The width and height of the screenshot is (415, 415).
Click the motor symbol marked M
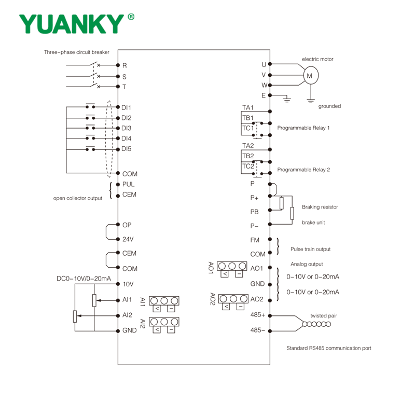pyautogui.click(x=310, y=76)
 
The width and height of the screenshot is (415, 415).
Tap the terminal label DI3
pyautogui.click(x=127, y=128)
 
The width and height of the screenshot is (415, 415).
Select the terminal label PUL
pyautogui.click(x=128, y=184)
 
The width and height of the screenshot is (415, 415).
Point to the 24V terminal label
pyautogui.click(x=128, y=239)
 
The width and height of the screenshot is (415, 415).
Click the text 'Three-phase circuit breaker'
pyautogui.click(x=77, y=52)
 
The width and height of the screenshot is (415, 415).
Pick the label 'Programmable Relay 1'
pyautogui.click(x=303, y=128)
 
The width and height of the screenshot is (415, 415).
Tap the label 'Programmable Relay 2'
pyautogui.click(x=303, y=170)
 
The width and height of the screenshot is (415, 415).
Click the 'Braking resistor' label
pyautogui.click(x=320, y=207)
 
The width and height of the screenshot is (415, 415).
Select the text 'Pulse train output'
pyautogui.click(x=310, y=249)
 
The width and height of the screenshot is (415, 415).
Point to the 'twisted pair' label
pyautogui.click(x=324, y=315)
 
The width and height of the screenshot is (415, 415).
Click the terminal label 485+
pyautogui.click(x=258, y=315)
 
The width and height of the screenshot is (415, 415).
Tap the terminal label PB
pyautogui.click(x=254, y=212)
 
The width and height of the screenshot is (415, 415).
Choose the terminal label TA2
pyautogui.click(x=248, y=146)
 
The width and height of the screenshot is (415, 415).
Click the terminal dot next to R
pyautogui.click(x=118, y=65)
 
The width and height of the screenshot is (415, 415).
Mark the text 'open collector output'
pyautogui.click(x=78, y=198)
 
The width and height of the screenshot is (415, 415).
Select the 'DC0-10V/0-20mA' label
pyautogui.click(x=84, y=279)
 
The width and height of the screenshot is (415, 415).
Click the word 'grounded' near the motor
pyautogui.click(x=329, y=106)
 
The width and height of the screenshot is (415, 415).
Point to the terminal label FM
pyautogui.click(x=255, y=240)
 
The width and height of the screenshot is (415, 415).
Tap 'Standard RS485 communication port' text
pyautogui.click(x=329, y=348)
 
